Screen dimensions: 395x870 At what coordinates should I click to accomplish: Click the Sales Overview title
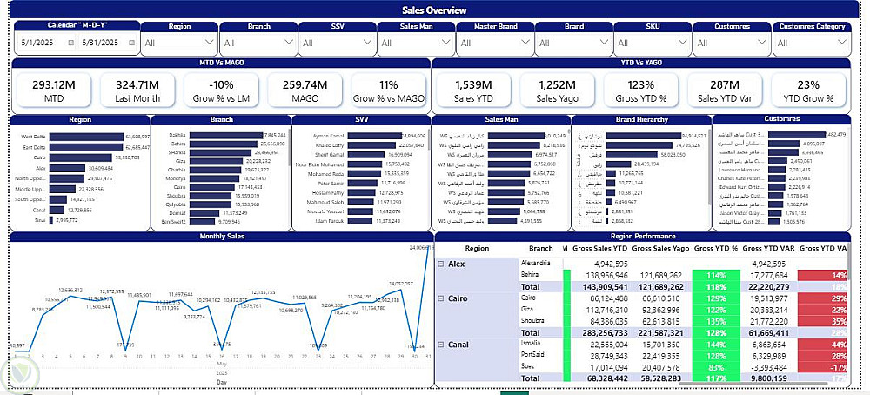click(x=434, y=10)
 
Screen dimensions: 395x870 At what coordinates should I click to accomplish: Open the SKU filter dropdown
click(x=652, y=42)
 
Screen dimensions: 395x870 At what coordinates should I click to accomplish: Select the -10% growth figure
click(x=221, y=84)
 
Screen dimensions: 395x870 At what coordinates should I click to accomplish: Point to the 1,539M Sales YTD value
click(x=474, y=84)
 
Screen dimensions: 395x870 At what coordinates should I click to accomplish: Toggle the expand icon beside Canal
click(x=441, y=345)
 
